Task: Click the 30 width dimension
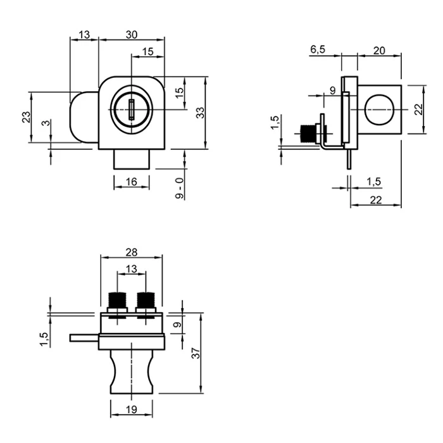(132, 35)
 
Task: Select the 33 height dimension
(200, 113)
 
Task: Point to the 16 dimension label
(131, 182)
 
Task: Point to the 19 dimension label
(132, 410)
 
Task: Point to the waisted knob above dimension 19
(132, 373)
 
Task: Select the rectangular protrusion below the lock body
(132, 160)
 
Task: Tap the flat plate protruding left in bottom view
(85, 338)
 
